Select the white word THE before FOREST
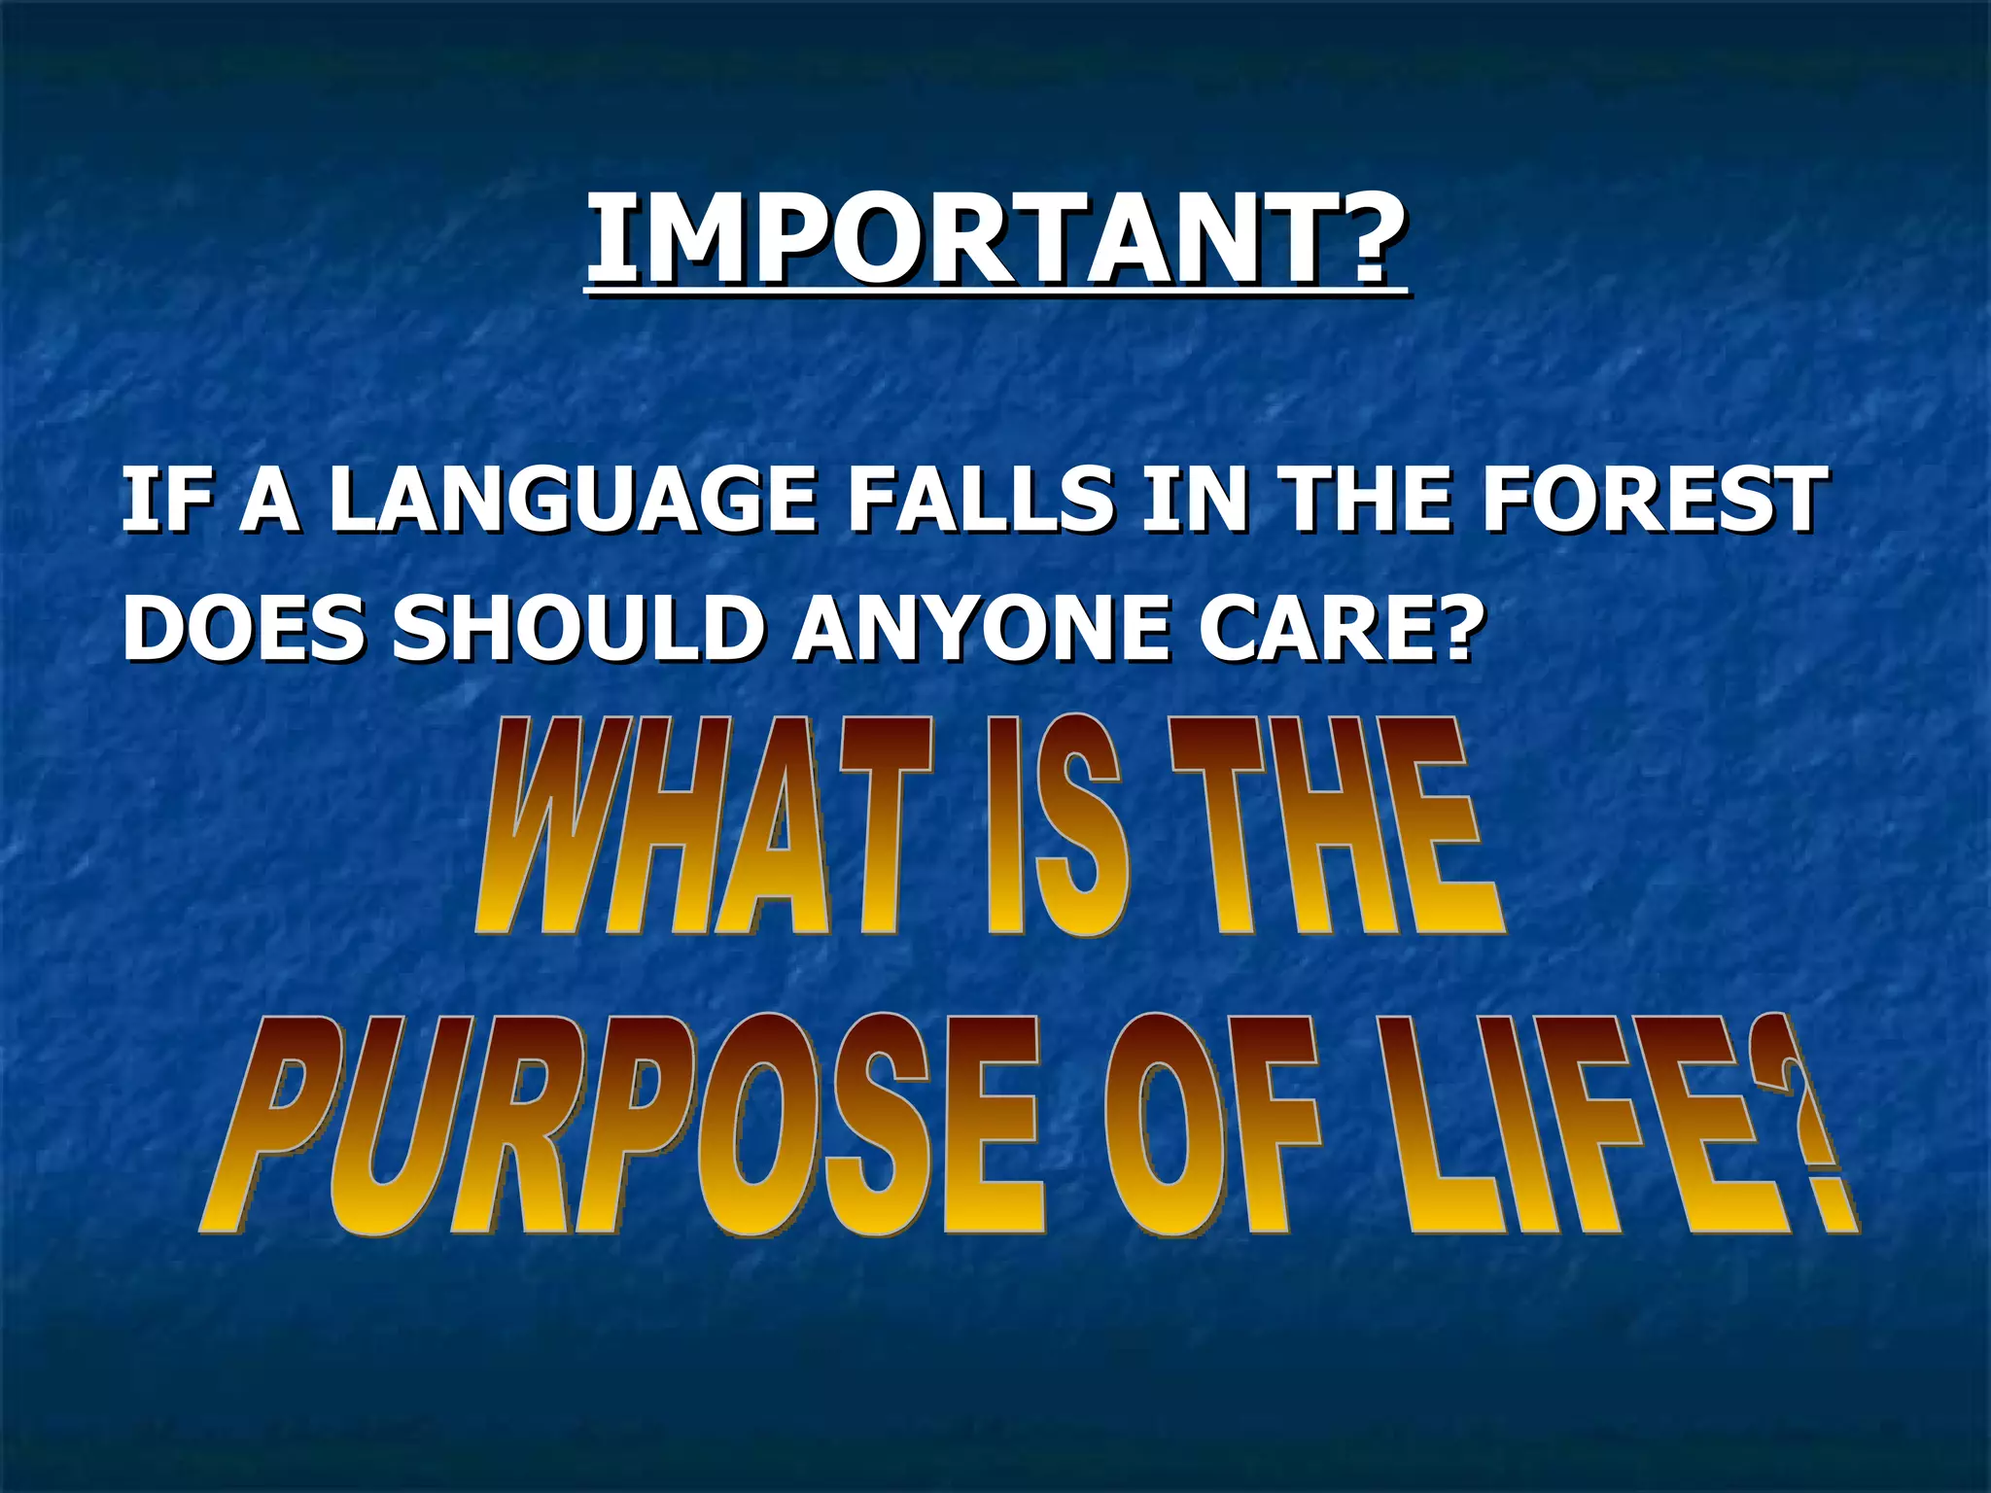[x=1370, y=500]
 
